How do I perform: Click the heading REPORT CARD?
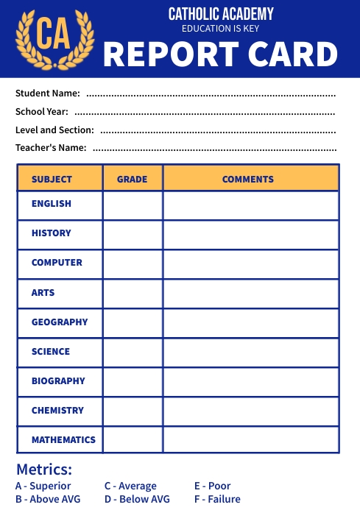click(220, 54)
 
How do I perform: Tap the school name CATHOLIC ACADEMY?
click(221, 14)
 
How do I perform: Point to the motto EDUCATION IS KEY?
click(221, 29)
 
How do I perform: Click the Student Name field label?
click(47, 93)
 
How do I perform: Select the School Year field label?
click(42, 112)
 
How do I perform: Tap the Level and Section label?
click(54, 130)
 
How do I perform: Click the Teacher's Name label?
click(51, 148)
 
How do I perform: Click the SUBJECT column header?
click(52, 179)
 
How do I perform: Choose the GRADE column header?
click(133, 179)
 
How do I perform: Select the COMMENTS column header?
click(248, 179)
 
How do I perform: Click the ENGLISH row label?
click(52, 204)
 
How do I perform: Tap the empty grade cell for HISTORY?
click(133, 234)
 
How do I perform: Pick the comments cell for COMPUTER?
click(251, 263)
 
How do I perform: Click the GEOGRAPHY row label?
click(60, 322)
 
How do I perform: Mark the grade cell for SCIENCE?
click(133, 352)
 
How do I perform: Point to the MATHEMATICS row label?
click(63, 440)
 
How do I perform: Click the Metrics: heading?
click(44, 470)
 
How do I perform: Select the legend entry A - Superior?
click(43, 486)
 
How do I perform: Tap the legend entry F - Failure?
click(217, 499)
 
